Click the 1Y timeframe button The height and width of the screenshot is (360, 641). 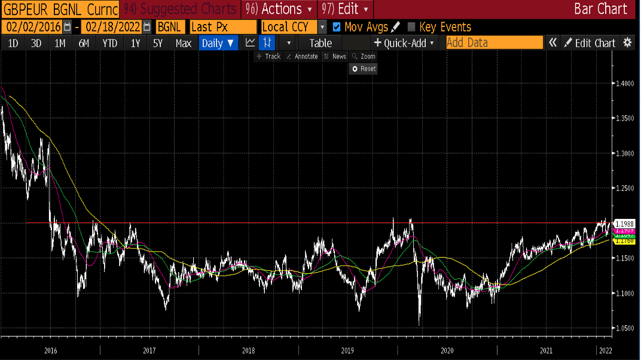point(135,43)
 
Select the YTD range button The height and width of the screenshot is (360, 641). point(109,43)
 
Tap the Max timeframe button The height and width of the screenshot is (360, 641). point(184,43)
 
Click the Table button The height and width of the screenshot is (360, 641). point(320,43)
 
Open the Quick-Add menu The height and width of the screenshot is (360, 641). point(405,43)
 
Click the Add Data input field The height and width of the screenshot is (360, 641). point(494,43)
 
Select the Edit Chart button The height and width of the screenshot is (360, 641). point(590,43)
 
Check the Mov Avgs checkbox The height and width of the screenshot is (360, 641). point(337,27)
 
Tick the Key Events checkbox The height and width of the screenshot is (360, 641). point(411,27)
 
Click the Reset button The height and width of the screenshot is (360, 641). point(364,69)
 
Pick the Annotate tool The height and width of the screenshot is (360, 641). point(302,56)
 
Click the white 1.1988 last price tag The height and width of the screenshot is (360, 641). point(624,223)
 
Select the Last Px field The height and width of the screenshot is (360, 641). point(222,27)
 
